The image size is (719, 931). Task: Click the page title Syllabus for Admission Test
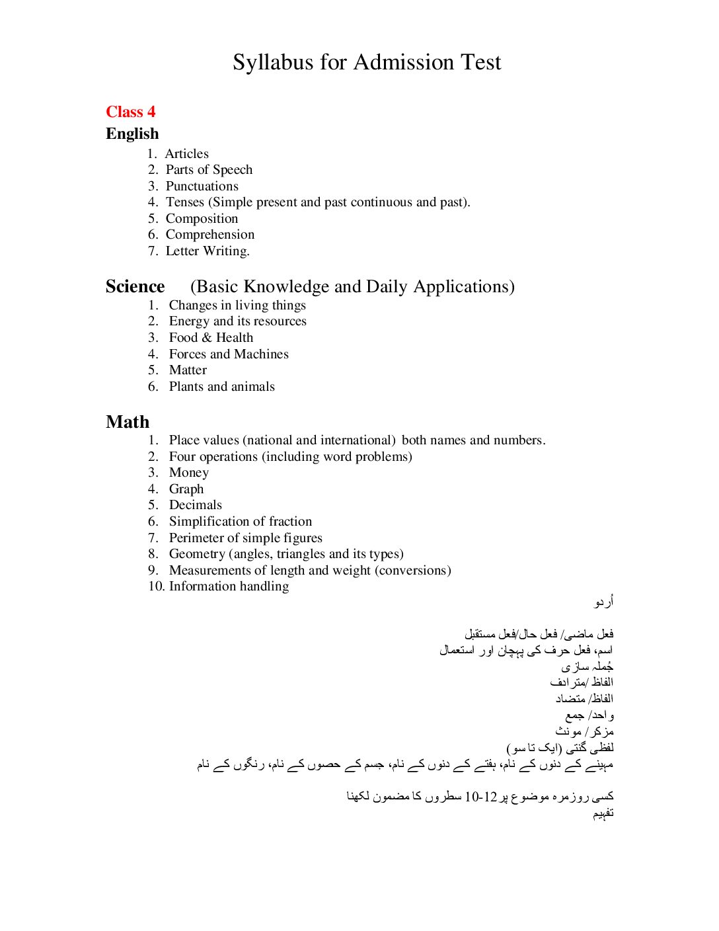click(x=367, y=62)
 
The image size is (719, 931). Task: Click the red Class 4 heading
click(x=131, y=112)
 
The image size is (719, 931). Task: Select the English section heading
click(x=132, y=134)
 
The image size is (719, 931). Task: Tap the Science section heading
click(x=135, y=286)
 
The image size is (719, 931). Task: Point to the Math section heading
click(x=128, y=422)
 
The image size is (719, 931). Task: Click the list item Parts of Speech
click(x=209, y=170)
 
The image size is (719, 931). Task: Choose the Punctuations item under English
click(x=202, y=186)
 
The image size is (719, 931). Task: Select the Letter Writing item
click(x=208, y=251)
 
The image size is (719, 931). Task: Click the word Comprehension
click(x=210, y=235)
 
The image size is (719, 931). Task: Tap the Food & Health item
click(x=211, y=338)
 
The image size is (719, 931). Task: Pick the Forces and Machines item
click(x=229, y=354)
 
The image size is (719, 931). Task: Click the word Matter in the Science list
click(x=188, y=370)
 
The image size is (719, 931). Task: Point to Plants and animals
click(x=221, y=387)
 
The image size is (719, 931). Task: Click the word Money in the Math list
click(x=189, y=473)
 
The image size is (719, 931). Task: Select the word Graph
click(x=186, y=489)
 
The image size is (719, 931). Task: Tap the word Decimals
click(x=196, y=505)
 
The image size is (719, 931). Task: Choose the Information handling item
click(x=229, y=587)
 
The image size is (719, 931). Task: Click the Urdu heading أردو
click(x=604, y=602)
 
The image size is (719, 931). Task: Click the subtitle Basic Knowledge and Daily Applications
click(x=352, y=286)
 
